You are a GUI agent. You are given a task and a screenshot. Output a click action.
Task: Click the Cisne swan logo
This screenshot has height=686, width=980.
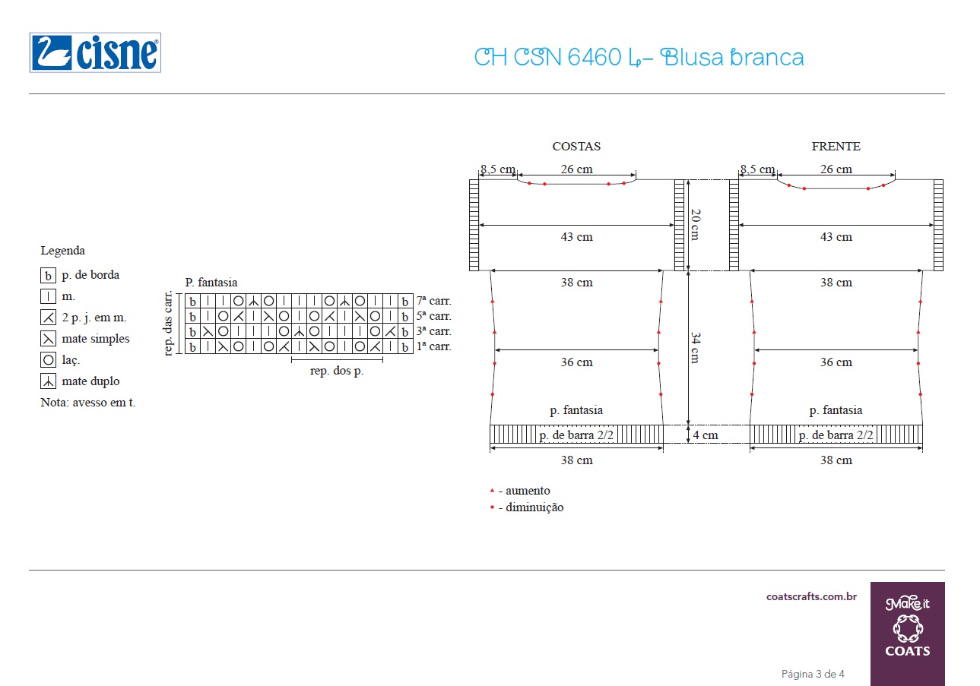[95, 52]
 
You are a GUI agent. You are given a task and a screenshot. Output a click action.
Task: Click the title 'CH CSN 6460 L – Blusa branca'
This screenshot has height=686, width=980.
[639, 57]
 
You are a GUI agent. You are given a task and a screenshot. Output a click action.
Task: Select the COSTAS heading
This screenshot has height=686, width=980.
[576, 146]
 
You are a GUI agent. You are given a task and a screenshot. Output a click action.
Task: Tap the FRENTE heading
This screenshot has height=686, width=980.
[836, 146]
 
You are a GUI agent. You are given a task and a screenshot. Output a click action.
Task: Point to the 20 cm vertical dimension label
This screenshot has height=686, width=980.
[696, 224]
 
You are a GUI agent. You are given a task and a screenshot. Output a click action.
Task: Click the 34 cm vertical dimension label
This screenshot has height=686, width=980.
[696, 348]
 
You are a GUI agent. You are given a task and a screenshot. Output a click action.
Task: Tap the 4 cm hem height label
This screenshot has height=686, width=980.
[706, 435]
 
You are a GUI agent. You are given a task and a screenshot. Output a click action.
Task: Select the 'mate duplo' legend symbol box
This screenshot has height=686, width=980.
[48, 381]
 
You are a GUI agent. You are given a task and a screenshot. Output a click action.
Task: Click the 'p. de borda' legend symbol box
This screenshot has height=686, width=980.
[48, 276]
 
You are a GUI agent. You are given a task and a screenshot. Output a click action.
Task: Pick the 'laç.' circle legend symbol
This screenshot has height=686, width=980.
[48, 360]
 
